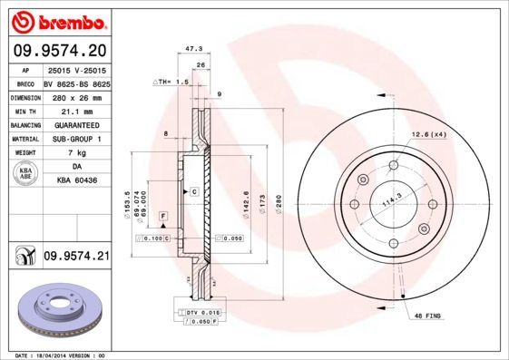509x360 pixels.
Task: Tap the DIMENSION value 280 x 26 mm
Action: (x=76, y=96)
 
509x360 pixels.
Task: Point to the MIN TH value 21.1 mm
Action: (x=76, y=110)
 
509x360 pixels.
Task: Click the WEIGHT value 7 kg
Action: (x=76, y=152)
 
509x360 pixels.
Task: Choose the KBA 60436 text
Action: (x=76, y=180)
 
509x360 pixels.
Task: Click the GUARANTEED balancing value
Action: (x=76, y=124)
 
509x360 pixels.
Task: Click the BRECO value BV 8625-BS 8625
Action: (x=76, y=82)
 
